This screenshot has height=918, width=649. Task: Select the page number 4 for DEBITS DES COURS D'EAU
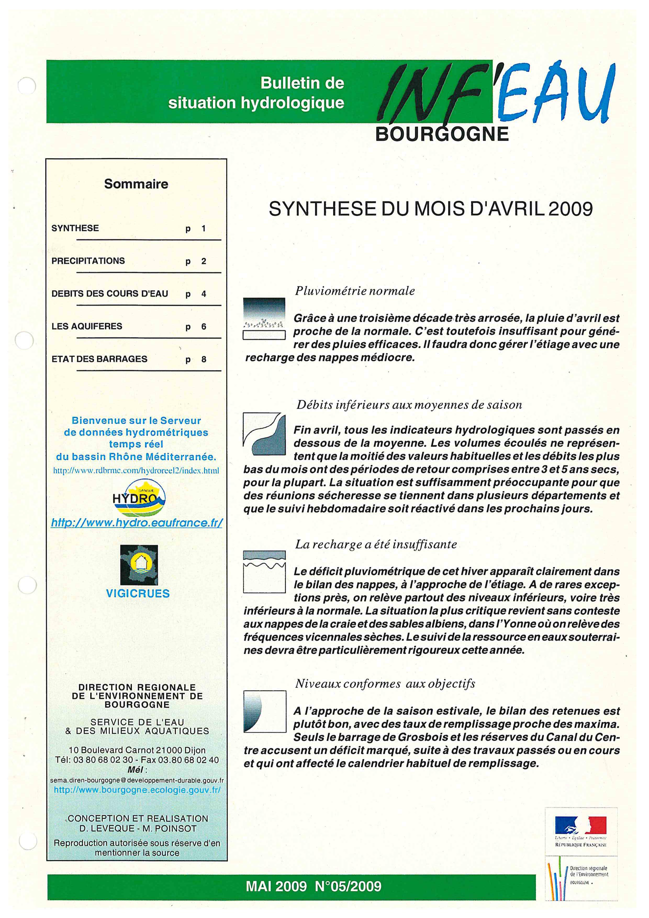click(x=203, y=294)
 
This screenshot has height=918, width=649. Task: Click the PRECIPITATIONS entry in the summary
click(x=88, y=261)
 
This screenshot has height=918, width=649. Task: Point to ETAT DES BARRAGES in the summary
click(x=99, y=359)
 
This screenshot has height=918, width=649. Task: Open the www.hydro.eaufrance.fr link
click(x=137, y=523)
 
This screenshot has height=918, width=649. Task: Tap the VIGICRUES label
click(x=138, y=593)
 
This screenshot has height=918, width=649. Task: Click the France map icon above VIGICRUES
click(x=139, y=565)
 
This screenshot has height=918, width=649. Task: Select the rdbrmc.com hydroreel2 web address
click(x=136, y=471)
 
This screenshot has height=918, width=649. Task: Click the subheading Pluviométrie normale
click(x=355, y=291)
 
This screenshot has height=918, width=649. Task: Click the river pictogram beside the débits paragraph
click(x=264, y=434)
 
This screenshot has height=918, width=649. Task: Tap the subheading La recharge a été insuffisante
click(x=376, y=544)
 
